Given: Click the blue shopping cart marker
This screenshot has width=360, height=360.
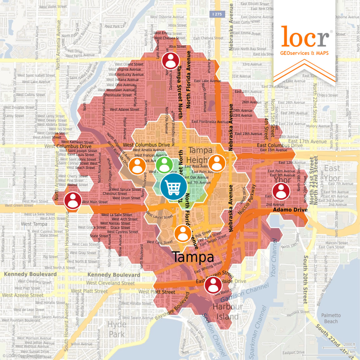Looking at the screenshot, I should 173,187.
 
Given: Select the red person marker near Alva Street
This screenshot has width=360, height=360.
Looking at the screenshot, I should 170,61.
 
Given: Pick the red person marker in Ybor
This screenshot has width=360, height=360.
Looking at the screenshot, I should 281,191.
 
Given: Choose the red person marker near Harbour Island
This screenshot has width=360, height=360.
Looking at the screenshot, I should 213,285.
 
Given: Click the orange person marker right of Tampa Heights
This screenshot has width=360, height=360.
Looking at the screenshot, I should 217,163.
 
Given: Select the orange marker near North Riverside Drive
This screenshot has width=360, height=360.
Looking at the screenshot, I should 137,166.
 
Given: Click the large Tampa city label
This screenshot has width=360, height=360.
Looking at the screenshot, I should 193,257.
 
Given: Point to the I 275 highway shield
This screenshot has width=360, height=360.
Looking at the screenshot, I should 217,14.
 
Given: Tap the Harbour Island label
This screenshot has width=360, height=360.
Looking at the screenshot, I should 227,312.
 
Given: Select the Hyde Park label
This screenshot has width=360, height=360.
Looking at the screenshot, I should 117,329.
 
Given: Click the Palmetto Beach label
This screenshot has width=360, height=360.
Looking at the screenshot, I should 331,318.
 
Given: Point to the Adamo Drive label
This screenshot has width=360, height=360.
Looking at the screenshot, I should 290,210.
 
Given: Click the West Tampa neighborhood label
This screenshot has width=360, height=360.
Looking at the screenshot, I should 34,224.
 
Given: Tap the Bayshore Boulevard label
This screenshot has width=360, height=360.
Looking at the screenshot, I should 172,306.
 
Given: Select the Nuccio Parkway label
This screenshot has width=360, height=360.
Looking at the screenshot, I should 247,199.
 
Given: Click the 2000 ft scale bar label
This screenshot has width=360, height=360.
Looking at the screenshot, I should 349,344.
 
